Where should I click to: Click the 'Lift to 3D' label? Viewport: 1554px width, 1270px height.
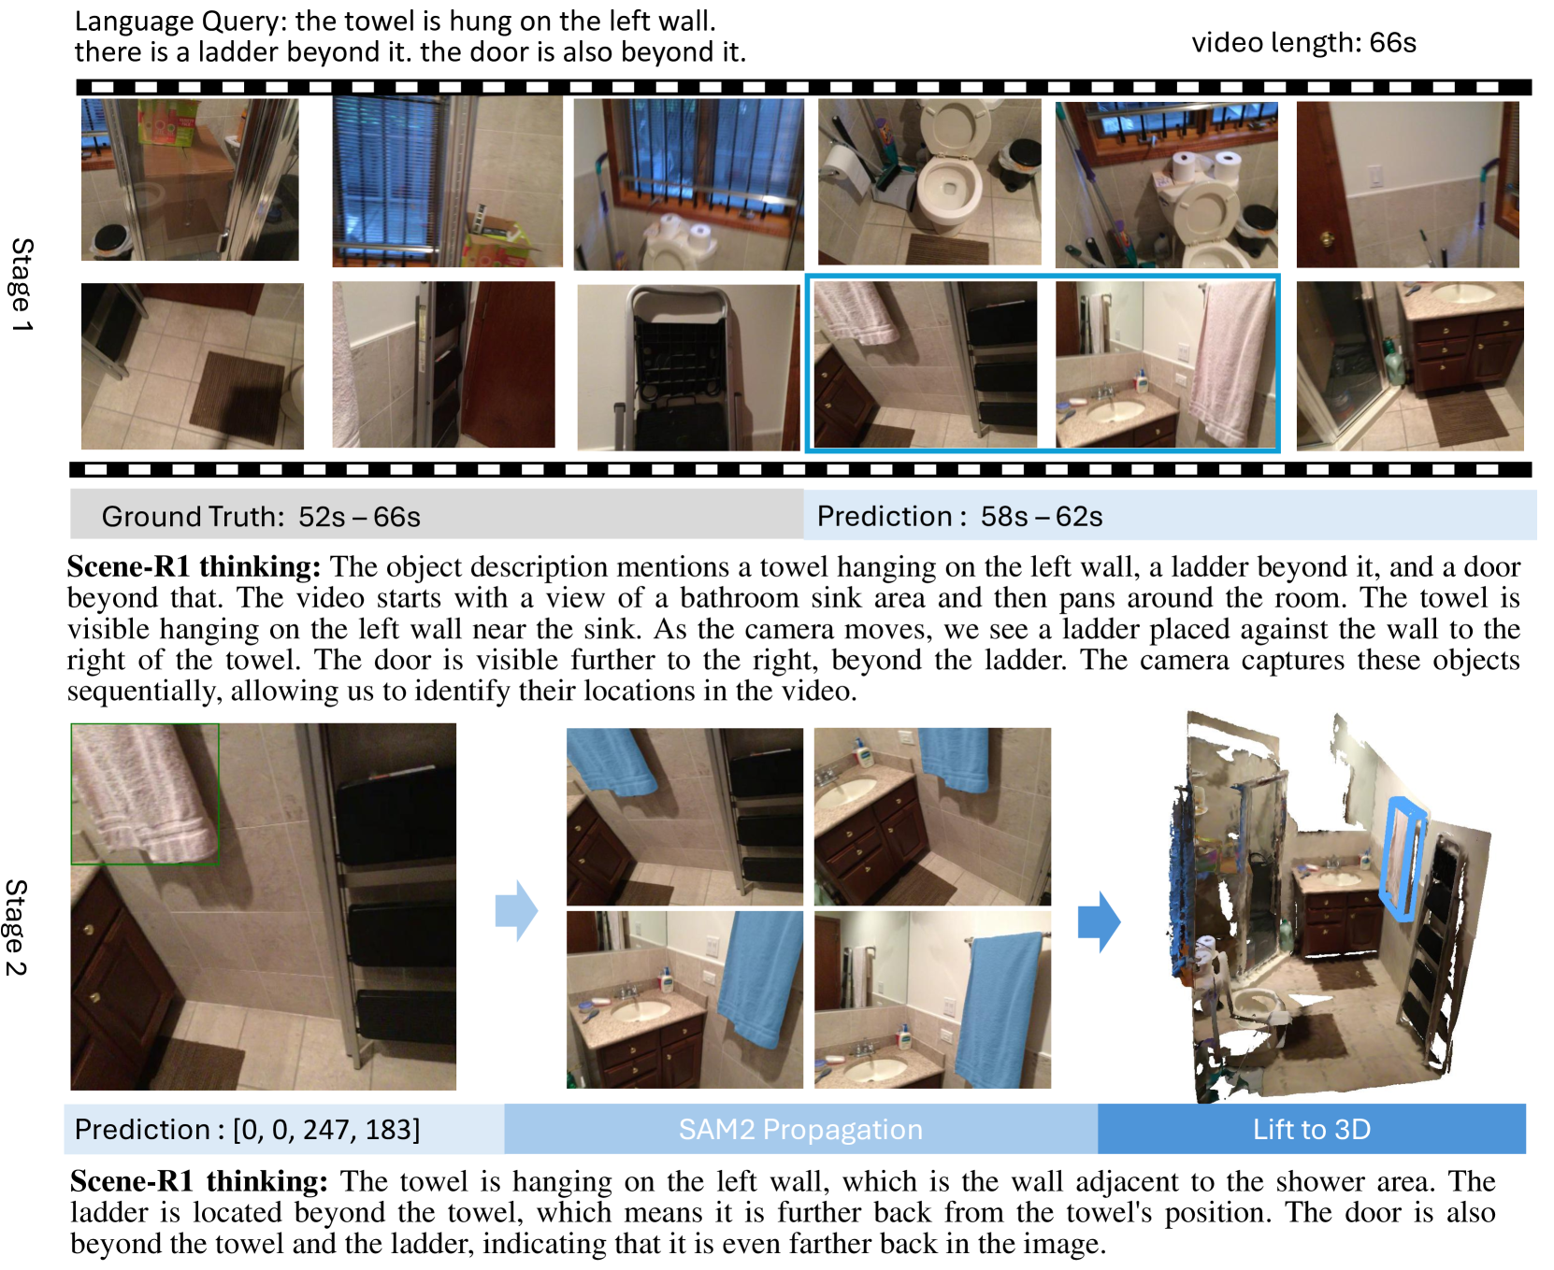pos(1311,1129)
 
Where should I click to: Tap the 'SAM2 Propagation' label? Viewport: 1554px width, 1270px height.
pos(800,1129)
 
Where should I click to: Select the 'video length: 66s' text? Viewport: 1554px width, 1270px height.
pos(1303,42)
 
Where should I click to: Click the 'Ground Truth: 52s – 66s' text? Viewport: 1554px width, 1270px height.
pos(261,517)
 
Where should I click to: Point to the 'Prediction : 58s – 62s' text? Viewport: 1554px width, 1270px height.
pos(959,516)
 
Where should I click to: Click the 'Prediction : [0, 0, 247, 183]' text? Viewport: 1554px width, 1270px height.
pos(247,1129)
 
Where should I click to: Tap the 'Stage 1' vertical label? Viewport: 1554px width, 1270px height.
pos(22,285)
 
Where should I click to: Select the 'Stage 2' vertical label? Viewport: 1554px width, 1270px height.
pos(17,928)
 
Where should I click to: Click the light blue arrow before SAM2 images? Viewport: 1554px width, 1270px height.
pos(516,909)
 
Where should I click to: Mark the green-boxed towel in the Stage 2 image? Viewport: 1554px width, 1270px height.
pos(145,792)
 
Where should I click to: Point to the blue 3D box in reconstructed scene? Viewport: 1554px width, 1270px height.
pos(1402,859)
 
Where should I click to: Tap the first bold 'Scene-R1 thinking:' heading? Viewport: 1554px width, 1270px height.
pos(194,566)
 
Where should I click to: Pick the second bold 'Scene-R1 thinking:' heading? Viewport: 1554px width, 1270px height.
pos(198,1181)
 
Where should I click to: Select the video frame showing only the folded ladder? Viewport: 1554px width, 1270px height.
pos(688,367)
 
